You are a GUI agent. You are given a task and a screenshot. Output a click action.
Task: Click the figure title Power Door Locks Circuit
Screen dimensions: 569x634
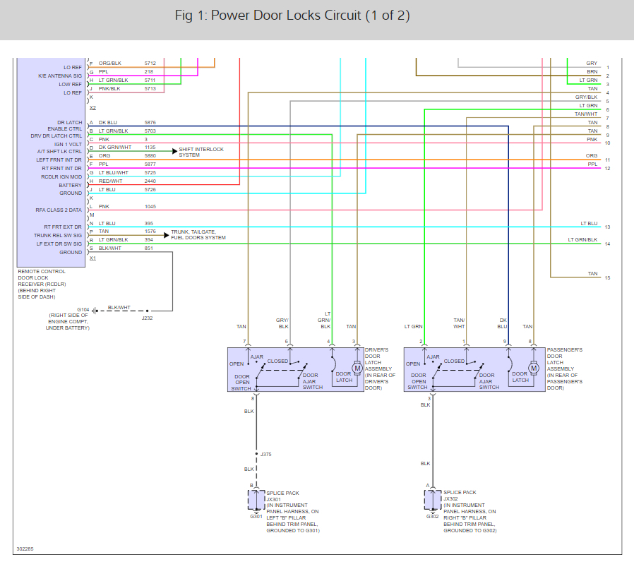point(292,16)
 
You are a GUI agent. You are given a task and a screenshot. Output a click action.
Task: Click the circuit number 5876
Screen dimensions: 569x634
point(150,123)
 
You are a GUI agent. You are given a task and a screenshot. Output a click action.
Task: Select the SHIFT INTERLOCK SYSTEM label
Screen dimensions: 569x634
point(201,152)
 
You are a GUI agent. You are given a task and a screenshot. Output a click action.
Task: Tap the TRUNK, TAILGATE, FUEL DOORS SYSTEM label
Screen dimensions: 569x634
point(198,235)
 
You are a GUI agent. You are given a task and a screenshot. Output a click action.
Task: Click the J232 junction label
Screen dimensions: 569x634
point(147,318)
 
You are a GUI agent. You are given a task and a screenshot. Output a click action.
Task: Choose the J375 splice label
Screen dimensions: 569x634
point(265,454)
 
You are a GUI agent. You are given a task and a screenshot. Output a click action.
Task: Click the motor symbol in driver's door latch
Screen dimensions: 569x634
point(357,368)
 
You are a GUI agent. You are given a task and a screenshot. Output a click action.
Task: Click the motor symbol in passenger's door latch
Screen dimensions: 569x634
point(534,368)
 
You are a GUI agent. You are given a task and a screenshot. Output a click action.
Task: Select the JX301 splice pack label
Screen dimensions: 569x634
point(273,498)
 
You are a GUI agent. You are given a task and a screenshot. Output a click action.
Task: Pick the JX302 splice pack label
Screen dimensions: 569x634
point(450,498)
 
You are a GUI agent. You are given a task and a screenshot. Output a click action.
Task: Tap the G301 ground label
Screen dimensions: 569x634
point(256,516)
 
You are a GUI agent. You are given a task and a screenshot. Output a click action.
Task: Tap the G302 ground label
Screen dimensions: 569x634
point(432,516)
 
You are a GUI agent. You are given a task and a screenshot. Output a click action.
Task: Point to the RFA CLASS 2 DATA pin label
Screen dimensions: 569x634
point(60,210)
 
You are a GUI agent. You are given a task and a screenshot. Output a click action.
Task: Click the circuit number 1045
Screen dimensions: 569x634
point(150,206)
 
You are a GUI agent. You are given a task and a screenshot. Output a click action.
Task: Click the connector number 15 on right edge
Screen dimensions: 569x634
point(607,278)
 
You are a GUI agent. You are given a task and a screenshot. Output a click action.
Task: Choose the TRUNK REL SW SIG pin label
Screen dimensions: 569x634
point(58,236)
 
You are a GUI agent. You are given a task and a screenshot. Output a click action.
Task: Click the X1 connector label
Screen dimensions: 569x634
point(92,258)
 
